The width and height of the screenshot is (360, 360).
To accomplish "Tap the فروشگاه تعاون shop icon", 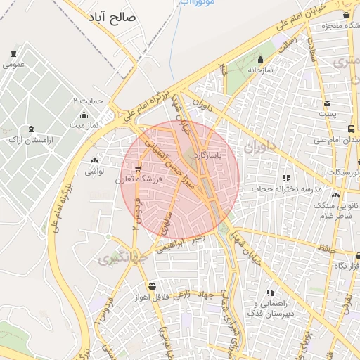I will coord(138,169).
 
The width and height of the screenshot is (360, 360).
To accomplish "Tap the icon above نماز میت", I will coord(84,115).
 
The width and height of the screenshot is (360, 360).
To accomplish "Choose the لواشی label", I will coord(94,171).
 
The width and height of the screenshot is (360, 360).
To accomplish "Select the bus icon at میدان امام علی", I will coord(351,129).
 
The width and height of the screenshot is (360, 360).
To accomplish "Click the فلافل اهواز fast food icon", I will coord(152,285).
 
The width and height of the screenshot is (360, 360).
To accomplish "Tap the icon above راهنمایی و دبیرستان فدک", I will coord(269,292).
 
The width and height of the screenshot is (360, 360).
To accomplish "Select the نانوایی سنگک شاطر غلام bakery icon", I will coord(335,195).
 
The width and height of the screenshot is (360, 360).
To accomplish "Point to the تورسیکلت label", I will coord(345,172).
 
